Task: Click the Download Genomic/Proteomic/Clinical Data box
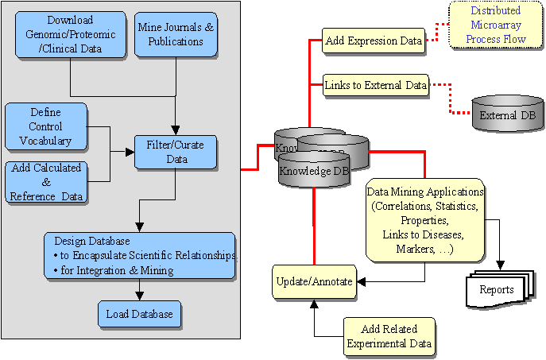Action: [x=70, y=35]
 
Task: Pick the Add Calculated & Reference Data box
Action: [x=46, y=181]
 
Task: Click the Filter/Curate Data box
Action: [x=175, y=152]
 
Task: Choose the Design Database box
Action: [x=139, y=256]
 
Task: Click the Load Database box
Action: [x=140, y=314]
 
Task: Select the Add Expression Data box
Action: [x=373, y=41]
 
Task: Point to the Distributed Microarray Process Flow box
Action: [x=496, y=25]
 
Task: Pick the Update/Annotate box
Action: [x=314, y=281]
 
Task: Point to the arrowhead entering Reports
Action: [x=501, y=266]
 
